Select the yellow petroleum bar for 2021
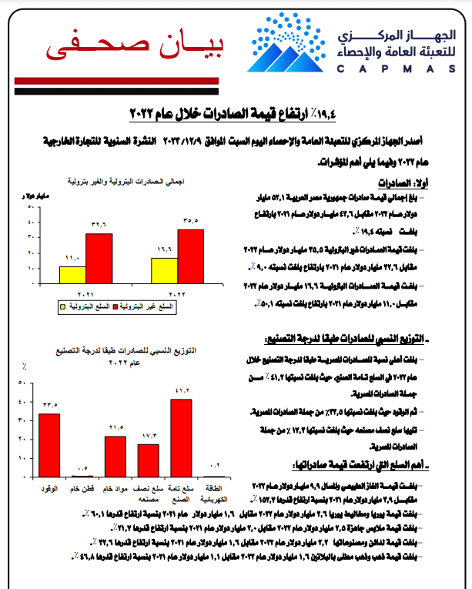[72, 276]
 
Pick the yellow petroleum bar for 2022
[164, 270]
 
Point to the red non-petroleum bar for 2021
[99, 259]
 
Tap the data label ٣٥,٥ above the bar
[192, 221]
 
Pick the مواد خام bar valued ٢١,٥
[115, 457]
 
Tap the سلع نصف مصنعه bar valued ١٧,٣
[149, 460]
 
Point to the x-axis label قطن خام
[82, 489]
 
